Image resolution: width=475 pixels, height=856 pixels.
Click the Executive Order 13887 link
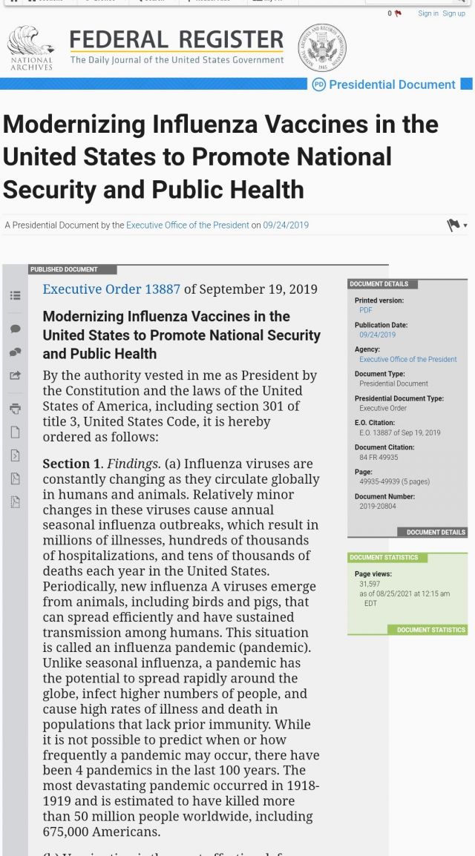click(x=111, y=289)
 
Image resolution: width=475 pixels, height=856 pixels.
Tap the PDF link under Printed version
click(x=366, y=310)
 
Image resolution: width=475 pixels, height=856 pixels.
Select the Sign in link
click(x=428, y=13)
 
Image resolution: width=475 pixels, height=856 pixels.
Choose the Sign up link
click(x=453, y=13)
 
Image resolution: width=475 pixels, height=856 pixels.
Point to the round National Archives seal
click(x=322, y=47)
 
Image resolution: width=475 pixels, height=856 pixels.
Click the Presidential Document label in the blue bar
click(x=391, y=85)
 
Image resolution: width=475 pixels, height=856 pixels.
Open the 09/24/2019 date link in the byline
click(x=286, y=225)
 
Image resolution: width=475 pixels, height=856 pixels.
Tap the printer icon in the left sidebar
click(x=16, y=408)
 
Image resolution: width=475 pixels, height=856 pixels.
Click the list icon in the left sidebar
click(x=16, y=295)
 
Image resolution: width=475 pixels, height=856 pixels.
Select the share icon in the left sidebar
click(x=16, y=375)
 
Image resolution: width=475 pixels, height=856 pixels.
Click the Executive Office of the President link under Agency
click(x=408, y=359)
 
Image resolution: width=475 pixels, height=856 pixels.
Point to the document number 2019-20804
click(x=378, y=506)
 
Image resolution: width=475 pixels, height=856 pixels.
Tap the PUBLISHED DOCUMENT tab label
click(x=64, y=269)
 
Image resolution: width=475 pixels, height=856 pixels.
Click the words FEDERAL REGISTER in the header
click(x=177, y=40)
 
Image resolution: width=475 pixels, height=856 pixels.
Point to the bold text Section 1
click(x=71, y=464)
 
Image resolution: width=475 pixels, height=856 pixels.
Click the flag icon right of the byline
click(x=453, y=225)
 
